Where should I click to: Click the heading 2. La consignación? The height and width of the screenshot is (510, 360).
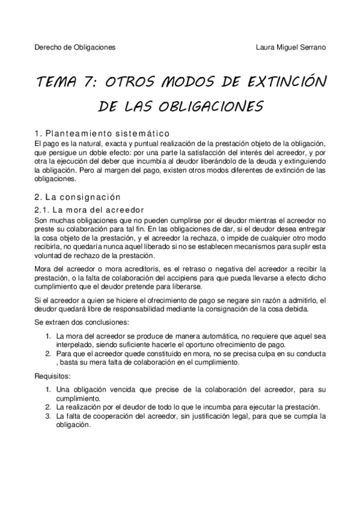coord(78,197)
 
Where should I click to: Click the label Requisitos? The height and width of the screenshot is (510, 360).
coord(53,376)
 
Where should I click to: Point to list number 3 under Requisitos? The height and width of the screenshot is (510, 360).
coord(48,416)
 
